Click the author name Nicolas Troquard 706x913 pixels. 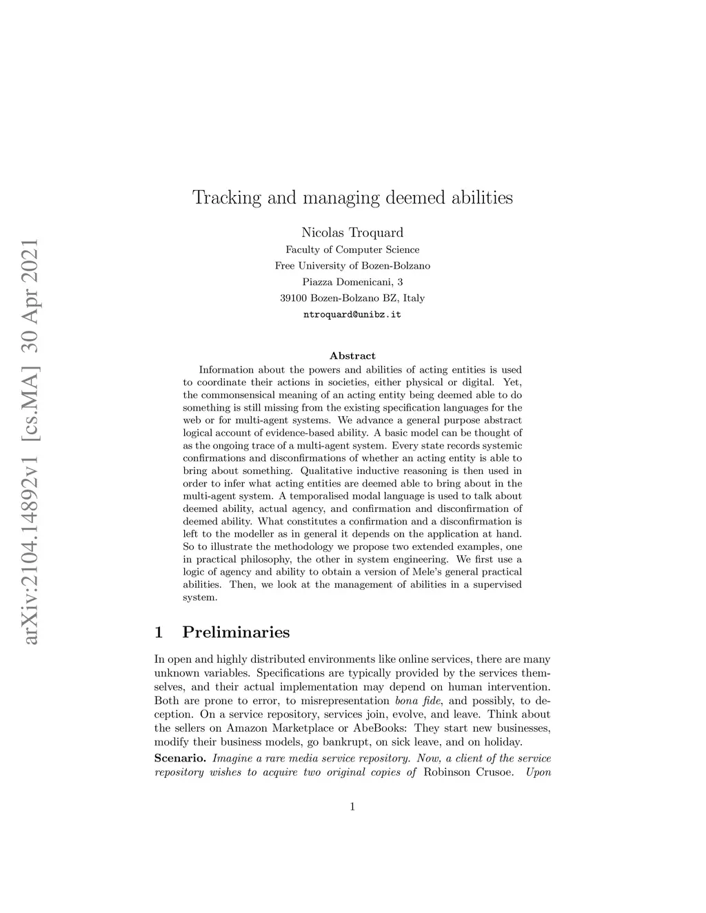352,232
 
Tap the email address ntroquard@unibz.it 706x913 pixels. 352,314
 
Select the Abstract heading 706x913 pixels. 352,356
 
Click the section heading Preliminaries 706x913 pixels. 236,632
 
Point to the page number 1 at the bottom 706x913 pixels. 352,807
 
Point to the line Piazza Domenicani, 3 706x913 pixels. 352,282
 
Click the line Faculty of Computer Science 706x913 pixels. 352,249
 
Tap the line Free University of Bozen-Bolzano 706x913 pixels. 352,265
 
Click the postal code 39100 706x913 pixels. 294,298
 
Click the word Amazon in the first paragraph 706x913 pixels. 248,728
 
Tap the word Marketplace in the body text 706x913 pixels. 303,728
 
